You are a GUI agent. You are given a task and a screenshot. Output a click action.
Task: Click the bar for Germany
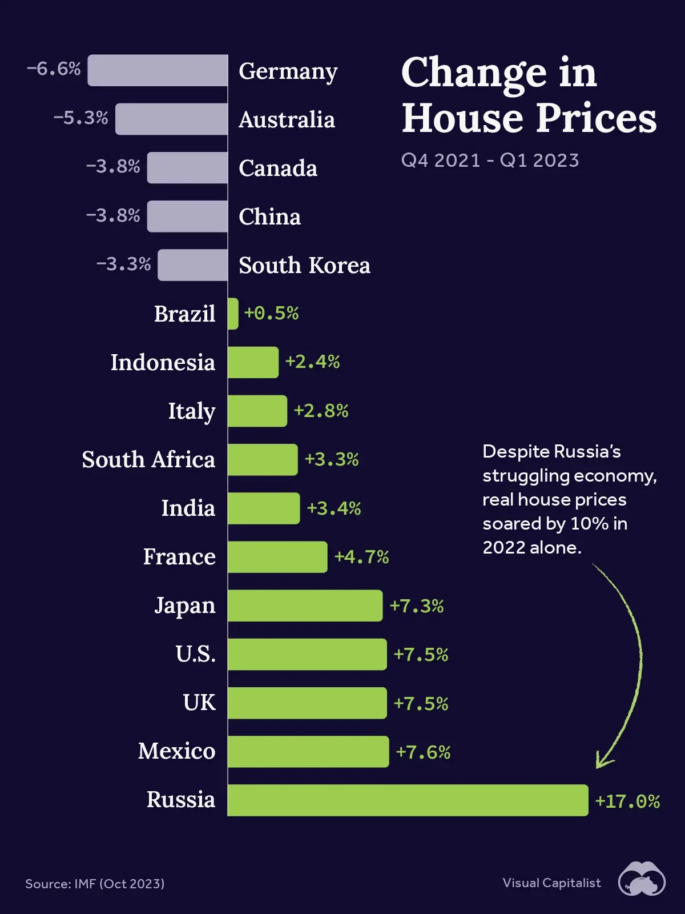[158, 70]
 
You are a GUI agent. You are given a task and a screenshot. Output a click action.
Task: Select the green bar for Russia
[408, 800]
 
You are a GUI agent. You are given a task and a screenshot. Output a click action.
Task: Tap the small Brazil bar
[233, 314]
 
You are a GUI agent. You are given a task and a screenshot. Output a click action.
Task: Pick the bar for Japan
[305, 606]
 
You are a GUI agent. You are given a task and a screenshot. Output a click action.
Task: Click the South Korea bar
[192, 265]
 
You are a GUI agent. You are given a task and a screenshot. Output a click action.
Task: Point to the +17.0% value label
[627, 801]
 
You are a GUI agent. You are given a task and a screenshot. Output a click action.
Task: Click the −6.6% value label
[54, 69]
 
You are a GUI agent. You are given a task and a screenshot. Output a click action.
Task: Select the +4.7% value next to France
[361, 557]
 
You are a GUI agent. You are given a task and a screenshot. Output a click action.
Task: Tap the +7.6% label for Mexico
[423, 752]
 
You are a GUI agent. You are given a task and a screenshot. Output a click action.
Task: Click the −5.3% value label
[80, 118]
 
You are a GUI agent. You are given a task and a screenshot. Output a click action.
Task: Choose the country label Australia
[287, 120]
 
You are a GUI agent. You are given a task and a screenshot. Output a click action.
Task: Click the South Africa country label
[148, 460]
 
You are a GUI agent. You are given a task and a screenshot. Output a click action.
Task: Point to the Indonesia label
[163, 363]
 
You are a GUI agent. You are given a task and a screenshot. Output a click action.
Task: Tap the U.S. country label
[195, 654]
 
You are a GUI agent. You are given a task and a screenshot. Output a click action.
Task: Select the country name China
[269, 217]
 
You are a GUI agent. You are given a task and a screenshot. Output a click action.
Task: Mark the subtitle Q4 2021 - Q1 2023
[490, 161]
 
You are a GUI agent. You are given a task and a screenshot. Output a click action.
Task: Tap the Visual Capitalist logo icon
[642, 880]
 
